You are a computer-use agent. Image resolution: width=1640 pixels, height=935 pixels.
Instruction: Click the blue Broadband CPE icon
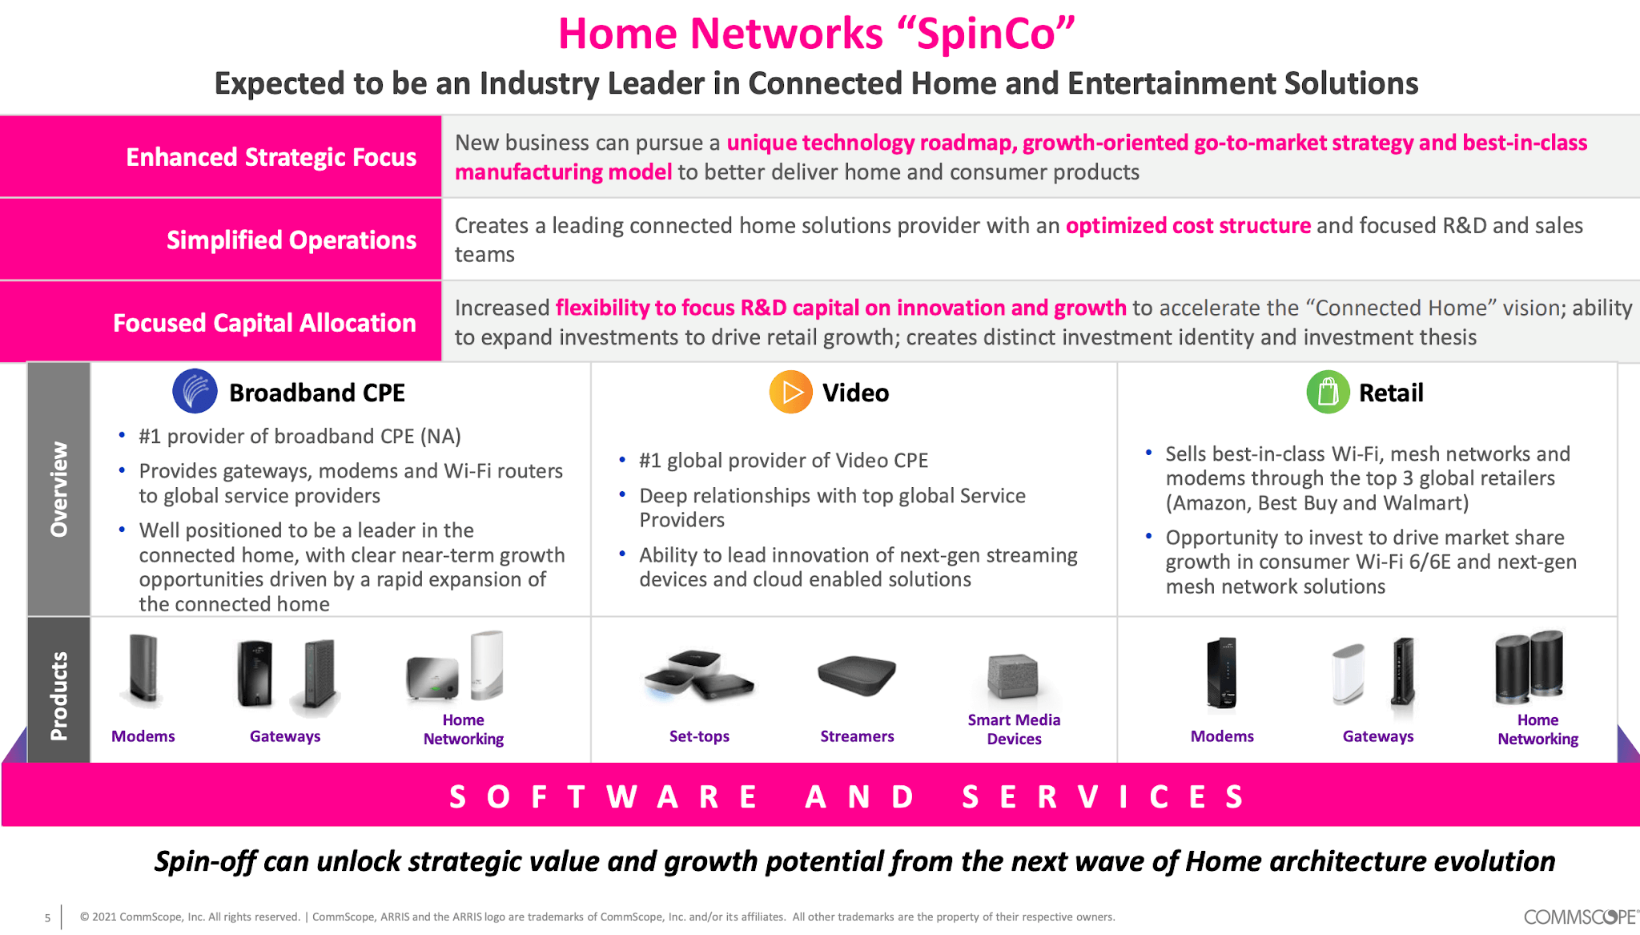coord(195,392)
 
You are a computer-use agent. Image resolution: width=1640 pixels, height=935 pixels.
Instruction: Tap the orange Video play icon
coord(790,392)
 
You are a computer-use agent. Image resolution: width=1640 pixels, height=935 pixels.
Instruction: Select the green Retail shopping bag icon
coord(1328,392)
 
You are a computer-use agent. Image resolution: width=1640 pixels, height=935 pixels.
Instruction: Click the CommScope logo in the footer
coord(1579,917)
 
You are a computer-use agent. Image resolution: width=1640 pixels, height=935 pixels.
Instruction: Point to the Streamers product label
coord(857,736)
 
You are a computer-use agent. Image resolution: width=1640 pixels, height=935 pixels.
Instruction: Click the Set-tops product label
coord(699,736)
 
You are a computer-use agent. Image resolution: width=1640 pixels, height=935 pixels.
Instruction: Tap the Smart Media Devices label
coord(1014,729)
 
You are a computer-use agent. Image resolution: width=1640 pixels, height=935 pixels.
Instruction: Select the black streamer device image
coord(856,675)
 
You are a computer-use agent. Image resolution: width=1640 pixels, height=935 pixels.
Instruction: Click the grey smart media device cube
coord(1012,675)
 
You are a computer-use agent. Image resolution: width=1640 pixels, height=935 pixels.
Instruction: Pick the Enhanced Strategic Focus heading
coord(271,157)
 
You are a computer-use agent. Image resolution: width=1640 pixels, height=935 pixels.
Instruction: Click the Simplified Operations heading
coord(291,240)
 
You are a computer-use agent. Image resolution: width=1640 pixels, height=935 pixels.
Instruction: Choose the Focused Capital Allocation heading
coord(264,323)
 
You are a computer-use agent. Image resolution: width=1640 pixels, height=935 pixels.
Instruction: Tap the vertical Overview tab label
coord(59,489)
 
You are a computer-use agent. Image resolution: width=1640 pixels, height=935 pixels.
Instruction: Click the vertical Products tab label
coord(59,695)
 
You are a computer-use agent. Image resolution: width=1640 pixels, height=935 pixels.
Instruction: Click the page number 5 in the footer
coord(47,918)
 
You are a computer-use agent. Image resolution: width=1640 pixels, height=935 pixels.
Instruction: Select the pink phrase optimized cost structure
coord(1188,226)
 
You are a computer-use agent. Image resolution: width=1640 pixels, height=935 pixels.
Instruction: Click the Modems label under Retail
coord(1222,736)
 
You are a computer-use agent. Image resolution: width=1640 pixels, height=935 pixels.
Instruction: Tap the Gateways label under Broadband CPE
coord(285,736)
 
